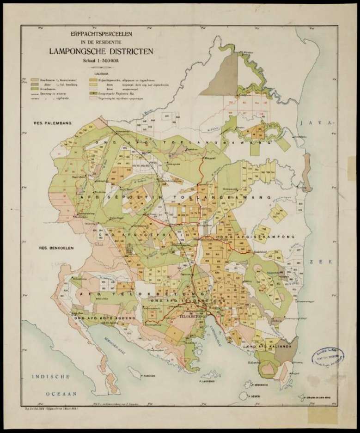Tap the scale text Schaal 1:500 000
pyautogui.click(x=96, y=61)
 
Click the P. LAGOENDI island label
pyautogui.click(x=209, y=382)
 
